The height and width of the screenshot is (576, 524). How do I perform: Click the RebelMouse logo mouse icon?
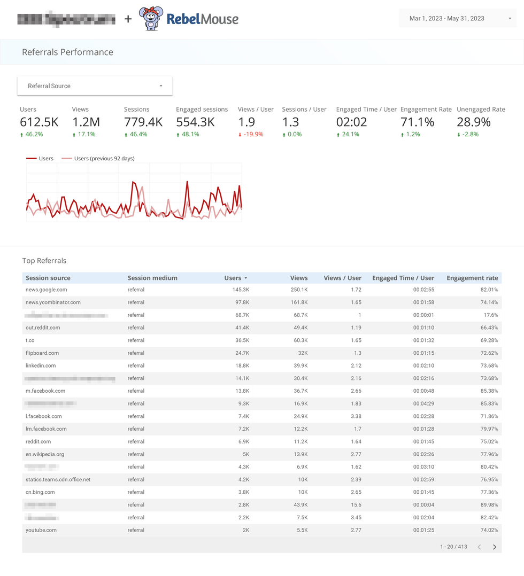(x=150, y=19)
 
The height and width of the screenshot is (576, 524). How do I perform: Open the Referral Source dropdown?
(x=95, y=86)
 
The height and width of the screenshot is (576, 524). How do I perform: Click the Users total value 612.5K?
(x=39, y=122)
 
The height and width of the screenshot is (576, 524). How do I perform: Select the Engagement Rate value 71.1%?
(x=418, y=122)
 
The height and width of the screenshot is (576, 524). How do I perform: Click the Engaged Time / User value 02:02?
(x=351, y=122)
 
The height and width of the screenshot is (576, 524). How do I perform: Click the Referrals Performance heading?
(x=67, y=52)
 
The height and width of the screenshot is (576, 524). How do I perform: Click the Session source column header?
(x=48, y=278)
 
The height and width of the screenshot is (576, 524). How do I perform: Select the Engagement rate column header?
(x=472, y=278)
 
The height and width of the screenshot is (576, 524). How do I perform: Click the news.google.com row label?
(x=47, y=290)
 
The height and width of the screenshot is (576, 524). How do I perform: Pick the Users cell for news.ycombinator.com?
(x=241, y=302)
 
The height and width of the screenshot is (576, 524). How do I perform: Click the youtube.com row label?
(x=41, y=530)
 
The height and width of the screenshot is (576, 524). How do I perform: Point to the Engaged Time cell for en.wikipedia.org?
(x=423, y=454)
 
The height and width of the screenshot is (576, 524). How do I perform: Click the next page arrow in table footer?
(x=495, y=547)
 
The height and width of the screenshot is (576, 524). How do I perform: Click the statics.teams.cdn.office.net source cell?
(x=58, y=480)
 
